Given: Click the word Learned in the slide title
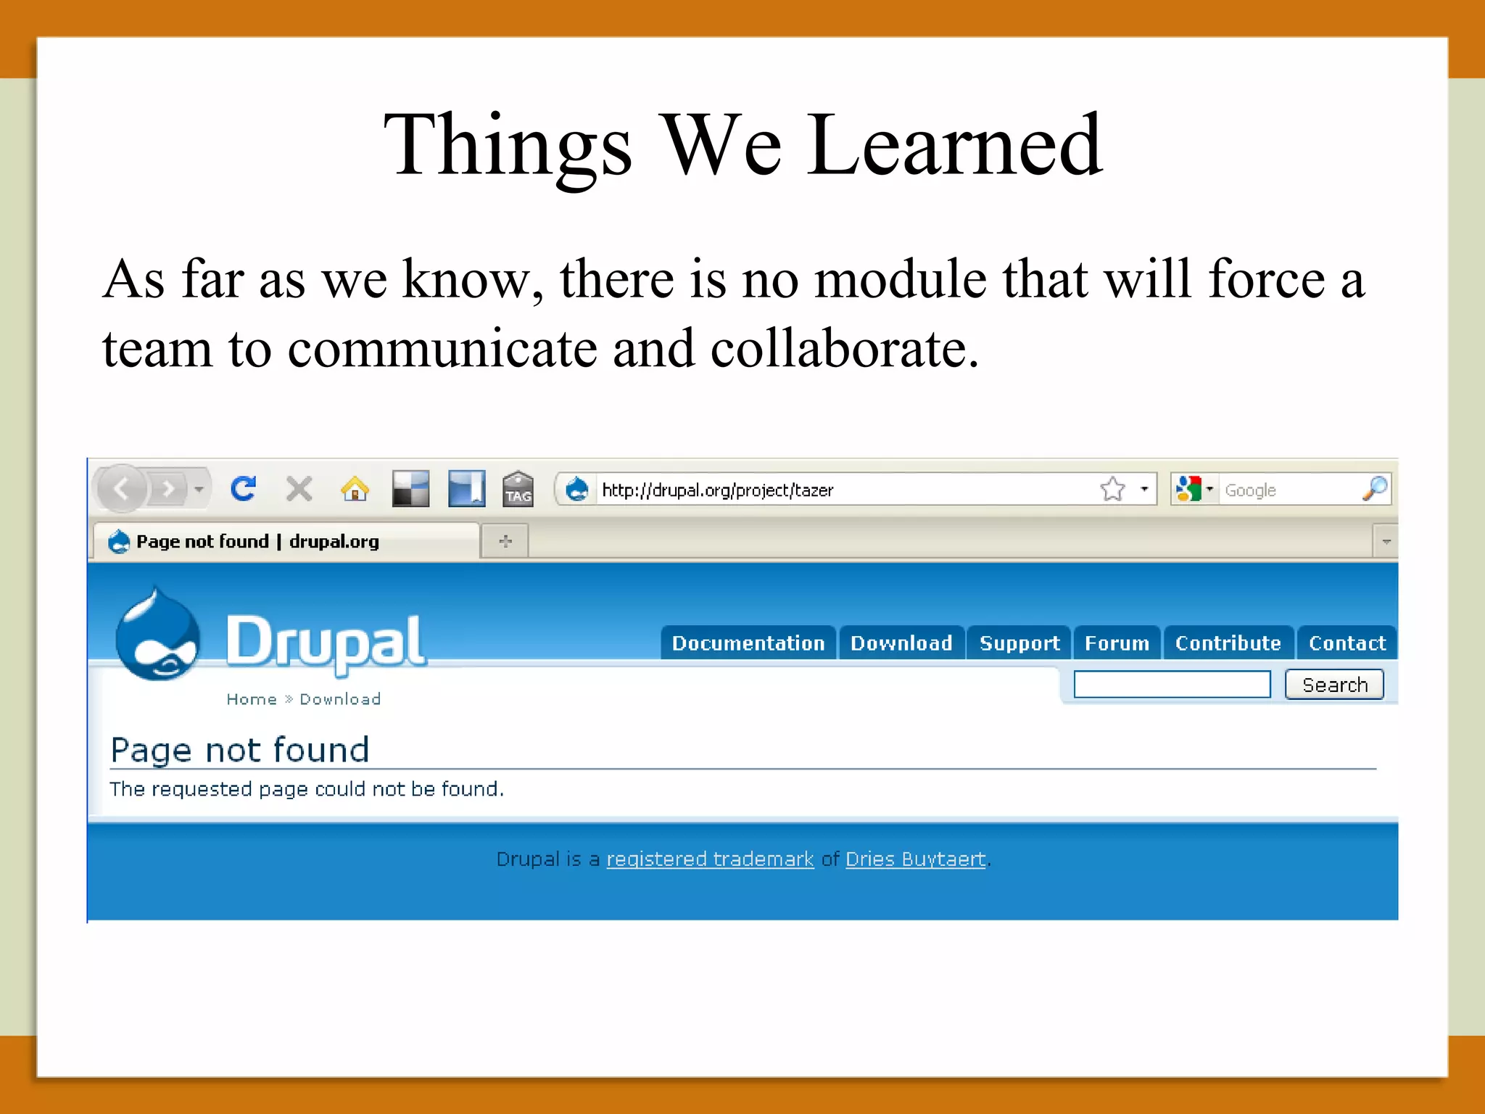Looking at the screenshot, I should (955, 145).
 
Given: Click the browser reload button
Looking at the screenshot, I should (244, 489).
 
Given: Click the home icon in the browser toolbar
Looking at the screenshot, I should (355, 490).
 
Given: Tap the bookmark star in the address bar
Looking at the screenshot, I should (1112, 490).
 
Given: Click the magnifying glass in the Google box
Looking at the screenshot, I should (1375, 489).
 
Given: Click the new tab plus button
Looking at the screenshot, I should (505, 541).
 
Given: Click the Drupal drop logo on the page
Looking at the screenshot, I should (158, 636).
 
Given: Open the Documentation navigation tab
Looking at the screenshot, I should (748, 643).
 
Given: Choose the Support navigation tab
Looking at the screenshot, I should (1019, 643).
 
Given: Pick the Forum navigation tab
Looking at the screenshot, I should (1117, 643).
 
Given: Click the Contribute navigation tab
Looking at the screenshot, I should (1228, 643).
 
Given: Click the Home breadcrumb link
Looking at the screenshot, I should (252, 699).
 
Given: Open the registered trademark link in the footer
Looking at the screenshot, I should (710, 859).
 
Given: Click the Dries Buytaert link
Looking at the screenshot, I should (915, 859).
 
